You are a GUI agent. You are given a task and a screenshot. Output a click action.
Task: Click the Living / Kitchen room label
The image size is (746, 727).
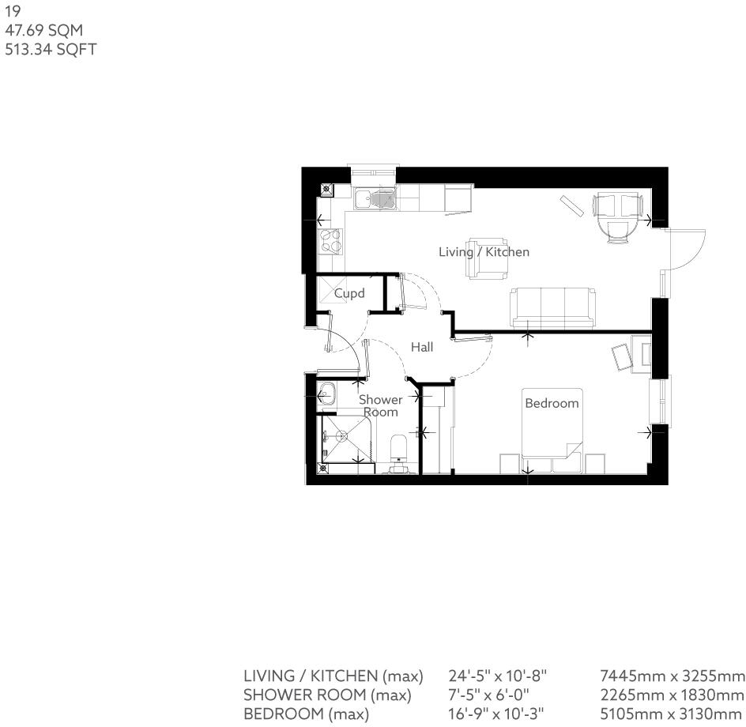(484, 252)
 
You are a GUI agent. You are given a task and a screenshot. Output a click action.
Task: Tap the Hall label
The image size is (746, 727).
(421, 347)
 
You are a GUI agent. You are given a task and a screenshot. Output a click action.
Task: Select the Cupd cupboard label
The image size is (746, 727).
(349, 294)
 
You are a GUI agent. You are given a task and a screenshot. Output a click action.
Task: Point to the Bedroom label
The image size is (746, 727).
(552, 403)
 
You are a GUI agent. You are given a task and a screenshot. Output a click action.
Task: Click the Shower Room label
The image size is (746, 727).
(381, 405)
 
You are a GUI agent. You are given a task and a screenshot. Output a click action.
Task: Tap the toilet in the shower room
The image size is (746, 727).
(400, 450)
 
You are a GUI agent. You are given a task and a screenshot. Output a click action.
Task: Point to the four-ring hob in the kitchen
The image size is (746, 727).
(330, 240)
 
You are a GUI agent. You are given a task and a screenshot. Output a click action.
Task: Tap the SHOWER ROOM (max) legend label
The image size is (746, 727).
(327, 695)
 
